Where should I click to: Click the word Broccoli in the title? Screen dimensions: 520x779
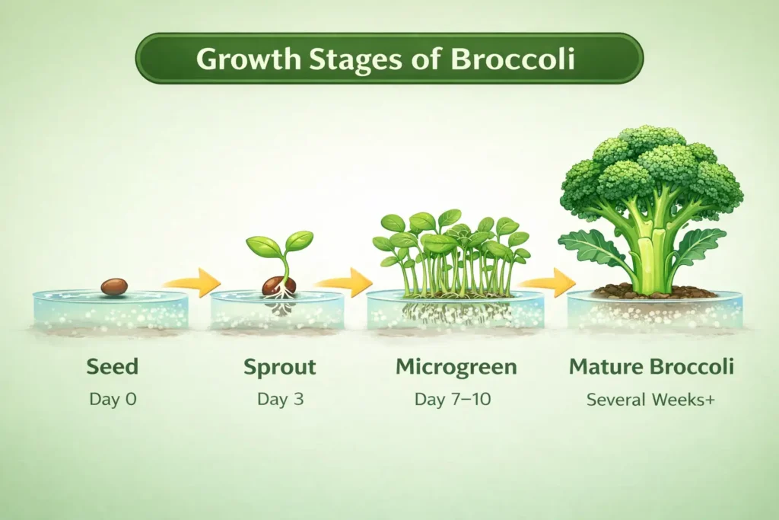[x=514, y=59]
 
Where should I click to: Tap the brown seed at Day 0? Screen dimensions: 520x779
[x=114, y=286]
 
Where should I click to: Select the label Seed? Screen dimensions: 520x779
[x=113, y=367]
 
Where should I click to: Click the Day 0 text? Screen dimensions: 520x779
[x=113, y=398]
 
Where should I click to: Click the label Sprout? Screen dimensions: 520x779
[x=280, y=367]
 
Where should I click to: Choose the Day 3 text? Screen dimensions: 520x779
[x=280, y=398]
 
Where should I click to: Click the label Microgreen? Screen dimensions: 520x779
[x=456, y=367]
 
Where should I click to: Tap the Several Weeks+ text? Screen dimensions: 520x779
[x=650, y=398]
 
